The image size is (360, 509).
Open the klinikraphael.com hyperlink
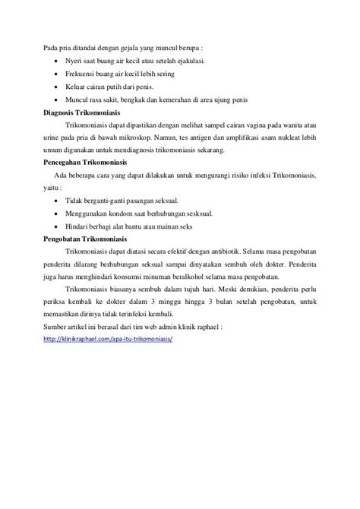[109, 318]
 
